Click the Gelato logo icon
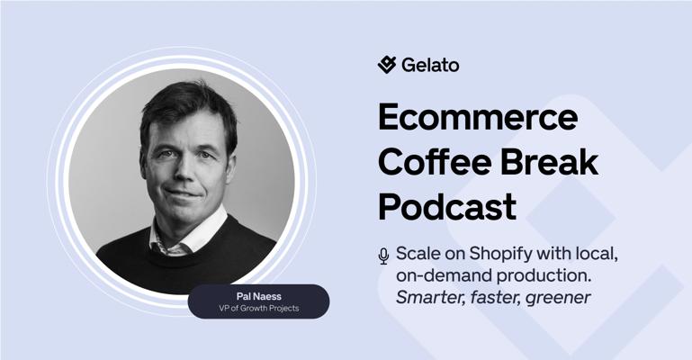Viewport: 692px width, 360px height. tap(387, 65)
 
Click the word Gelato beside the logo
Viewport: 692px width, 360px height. tap(430, 65)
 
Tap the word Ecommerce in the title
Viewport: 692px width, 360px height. tap(478, 116)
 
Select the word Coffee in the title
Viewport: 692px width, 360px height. tap(435, 161)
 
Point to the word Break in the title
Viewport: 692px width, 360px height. tap(550, 161)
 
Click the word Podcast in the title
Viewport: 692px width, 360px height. tap(447, 206)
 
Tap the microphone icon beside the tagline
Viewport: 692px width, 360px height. tap(383, 256)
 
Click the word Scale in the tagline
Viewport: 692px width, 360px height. tap(418, 254)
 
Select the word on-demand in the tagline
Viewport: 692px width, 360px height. tap(444, 275)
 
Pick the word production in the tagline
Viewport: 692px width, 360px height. tap(544, 276)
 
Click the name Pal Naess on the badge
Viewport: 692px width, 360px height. tap(258, 296)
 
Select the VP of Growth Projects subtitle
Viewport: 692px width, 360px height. tap(258, 309)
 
